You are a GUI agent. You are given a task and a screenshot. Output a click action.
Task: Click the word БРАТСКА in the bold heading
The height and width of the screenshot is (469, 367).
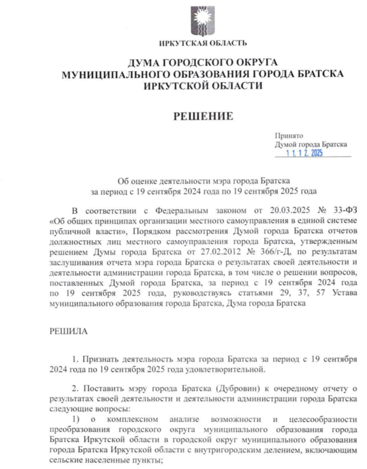[x=317, y=74]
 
